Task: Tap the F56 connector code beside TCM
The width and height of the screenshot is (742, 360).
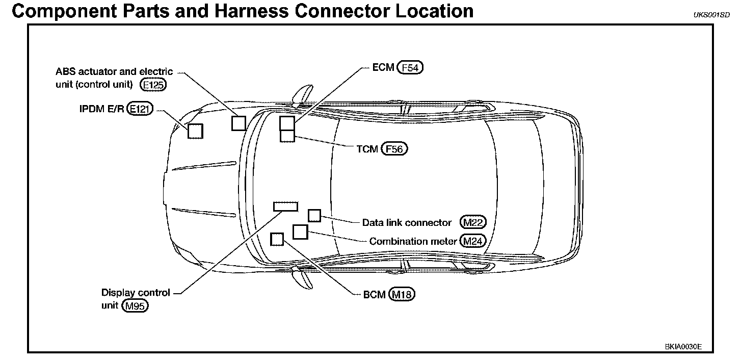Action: (395, 149)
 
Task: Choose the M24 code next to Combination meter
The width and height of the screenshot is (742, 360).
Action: (472, 241)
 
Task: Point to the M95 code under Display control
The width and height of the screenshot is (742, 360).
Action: (135, 306)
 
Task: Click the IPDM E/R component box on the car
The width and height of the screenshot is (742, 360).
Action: (196, 131)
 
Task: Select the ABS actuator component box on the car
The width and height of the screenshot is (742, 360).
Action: (238, 123)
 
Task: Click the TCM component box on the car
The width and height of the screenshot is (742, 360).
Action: (287, 136)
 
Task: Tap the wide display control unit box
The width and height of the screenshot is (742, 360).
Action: (285, 206)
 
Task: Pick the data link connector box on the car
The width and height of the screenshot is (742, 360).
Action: (314, 216)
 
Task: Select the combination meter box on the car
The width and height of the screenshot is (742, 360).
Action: (301, 232)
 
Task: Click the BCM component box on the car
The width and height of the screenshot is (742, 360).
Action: (277, 239)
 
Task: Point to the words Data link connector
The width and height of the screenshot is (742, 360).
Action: (407, 223)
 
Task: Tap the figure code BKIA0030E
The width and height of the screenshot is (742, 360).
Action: (683, 346)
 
